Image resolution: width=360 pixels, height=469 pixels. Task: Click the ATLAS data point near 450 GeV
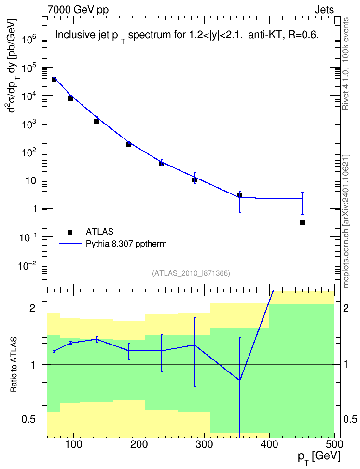[x=302, y=222]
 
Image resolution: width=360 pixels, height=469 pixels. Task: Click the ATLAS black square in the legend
[x=70, y=232]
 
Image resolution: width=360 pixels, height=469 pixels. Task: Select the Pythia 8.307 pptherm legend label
[x=126, y=244]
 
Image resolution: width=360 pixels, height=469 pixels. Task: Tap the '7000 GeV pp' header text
[x=78, y=10]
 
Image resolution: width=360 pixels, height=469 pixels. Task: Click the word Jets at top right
[x=324, y=10]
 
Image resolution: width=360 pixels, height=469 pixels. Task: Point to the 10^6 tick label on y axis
[x=29, y=39]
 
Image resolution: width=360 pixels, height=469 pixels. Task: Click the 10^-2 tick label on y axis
[x=28, y=265]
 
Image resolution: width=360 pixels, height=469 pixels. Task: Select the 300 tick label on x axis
[x=205, y=444]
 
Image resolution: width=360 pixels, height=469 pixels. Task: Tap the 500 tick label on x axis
[x=334, y=444]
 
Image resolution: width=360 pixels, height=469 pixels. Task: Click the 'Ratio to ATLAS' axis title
[x=14, y=365]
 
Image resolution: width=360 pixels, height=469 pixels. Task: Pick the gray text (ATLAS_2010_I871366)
[x=191, y=273]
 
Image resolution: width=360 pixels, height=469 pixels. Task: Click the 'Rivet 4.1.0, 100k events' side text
[x=346, y=64]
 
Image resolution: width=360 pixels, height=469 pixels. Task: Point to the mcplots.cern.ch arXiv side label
[x=346, y=221]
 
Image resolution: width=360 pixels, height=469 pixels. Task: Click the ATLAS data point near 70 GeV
[x=54, y=80]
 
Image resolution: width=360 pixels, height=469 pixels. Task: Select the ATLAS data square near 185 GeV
[x=129, y=144]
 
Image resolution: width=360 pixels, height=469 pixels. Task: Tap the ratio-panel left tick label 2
[x=32, y=308]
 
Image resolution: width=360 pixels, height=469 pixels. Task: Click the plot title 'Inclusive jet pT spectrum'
[x=187, y=36]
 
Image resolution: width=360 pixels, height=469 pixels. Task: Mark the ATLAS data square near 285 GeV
[x=194, y=180]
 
